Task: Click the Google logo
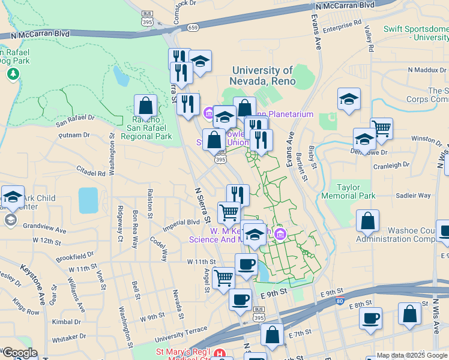pos(19,353)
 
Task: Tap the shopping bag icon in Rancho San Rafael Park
pos(146,106)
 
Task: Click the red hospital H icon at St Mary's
pos(220,354)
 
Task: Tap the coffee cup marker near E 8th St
pos(371,318)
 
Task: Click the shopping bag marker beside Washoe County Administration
pos(367,221)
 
